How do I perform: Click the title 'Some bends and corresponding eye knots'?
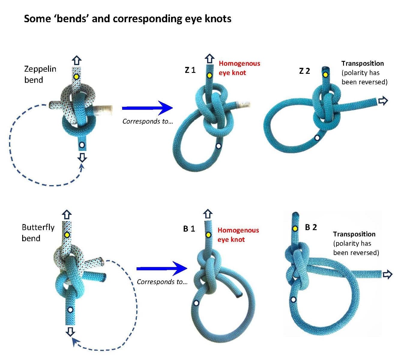pyautogui.click(x=128, y=19)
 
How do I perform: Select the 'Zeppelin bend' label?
pyautogui.click(x=40, y=74)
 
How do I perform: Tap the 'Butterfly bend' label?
pyautogui.click(x=38, y=233)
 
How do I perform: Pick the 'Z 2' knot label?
pyautogui.click(x=304, y=71)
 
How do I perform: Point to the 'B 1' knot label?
pyautogui.click(x=189, y=229)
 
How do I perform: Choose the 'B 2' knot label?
pyautogui.click(x=311, y=227)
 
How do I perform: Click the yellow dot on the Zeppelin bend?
pyautogui.click(x=76, y=77)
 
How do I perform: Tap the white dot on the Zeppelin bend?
pyautogui.click(x=81, y=145)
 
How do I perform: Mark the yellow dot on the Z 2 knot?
pyautogui.click(x=325, y=74)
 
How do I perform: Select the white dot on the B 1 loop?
pyautogui.click(x=196, y=303)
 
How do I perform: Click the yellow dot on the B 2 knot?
pyautogui.click(x=295, y=229)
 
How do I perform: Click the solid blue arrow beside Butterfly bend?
pyautogui.click(x=161, y=268)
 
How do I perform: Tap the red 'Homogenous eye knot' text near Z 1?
pyautogui.click(x=239, y=68)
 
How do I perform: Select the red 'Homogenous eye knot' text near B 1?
pyautogui.click(x=238, y=235)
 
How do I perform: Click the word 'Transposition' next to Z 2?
pyautogui.click(x=363, y=63)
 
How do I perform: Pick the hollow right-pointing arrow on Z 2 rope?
pyautogui.click(x=383, y=101)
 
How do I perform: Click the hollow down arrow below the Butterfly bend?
pyautogui.click(x=70, y=331)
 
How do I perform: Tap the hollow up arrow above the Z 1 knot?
pyautogui.click(x=210, y=58)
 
